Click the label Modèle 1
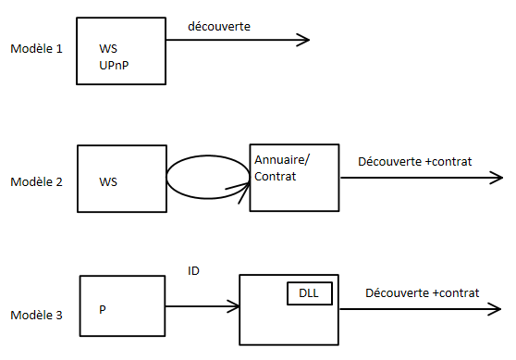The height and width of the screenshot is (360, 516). click(36, 47)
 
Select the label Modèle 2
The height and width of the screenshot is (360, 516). click(36, 181)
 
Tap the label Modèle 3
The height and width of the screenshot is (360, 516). click(36, 316)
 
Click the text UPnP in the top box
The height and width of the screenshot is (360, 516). click(116, 65)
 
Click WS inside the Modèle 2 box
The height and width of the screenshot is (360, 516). click(108, 181)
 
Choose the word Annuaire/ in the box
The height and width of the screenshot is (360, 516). click(282, 159)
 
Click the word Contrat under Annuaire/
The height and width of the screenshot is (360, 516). click(275, 176)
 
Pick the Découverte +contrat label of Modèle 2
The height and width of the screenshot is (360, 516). click(414, 161)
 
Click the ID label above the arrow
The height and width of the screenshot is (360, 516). click(193, 271)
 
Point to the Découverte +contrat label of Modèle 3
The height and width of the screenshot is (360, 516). click(422, 292)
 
